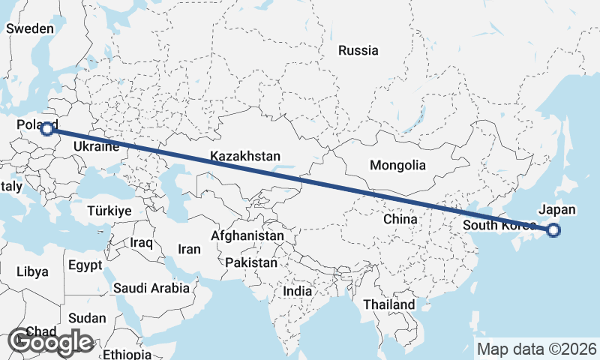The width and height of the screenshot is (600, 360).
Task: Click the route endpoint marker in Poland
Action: pyautogui.click(x=47, y=128)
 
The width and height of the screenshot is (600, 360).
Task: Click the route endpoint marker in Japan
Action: pyautogui.click(x=553, y=230)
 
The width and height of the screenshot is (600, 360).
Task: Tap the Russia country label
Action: pyautogui.click(x=358, y=51)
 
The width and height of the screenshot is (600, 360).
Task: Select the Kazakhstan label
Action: pyautogui.click(x=245, y=157)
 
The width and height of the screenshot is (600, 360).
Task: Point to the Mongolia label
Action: pyautogui.click(x=397, y=166)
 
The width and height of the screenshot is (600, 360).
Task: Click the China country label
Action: pyautogui.click(x=400, y=220)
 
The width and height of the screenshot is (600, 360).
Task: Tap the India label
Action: pyautogui.click(x=298, y=291)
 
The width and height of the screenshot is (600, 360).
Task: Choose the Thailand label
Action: pyautogui.click(x=388, y=305)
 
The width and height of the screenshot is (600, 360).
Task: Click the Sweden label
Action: pyautogui.click(x=30, y=28)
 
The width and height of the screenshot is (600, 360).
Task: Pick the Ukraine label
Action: pyautogui.click(x=97, y=147)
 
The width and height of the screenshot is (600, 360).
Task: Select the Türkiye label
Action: pyautogui.click(x=109, y=211)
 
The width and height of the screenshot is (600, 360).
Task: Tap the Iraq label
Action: pyautogui.click(x=141, y=243)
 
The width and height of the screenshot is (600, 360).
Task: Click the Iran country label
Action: pyautogui.click(x=189, y=249)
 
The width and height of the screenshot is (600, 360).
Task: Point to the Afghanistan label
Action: pyautogui.click(x=247, y=235)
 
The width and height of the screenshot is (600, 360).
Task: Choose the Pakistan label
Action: pyautogui.click(x=250, y=263)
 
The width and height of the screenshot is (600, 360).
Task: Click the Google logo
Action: pyautogui.click(x=50, y=342)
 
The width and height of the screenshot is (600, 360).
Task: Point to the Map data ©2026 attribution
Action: pyautogui.click(x=537, y=349)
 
